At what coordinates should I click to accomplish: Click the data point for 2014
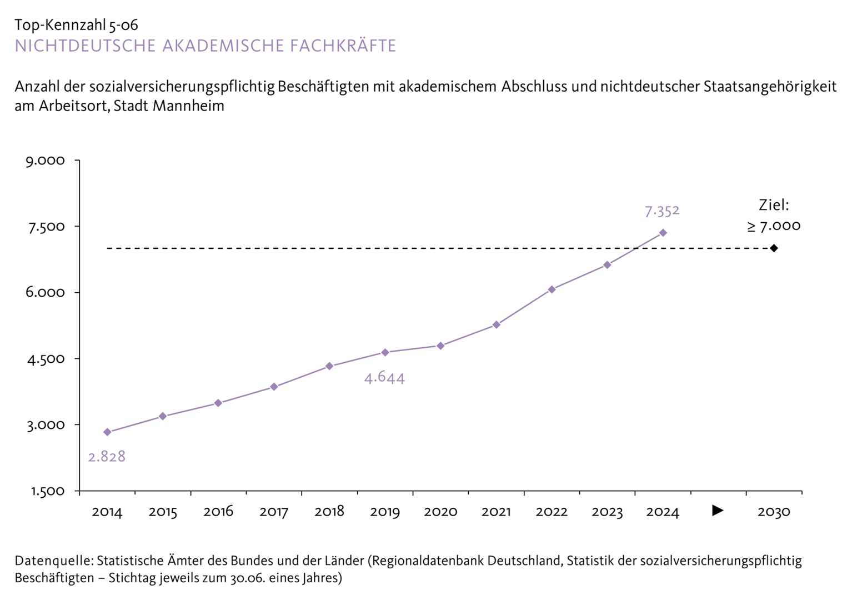(107, 432)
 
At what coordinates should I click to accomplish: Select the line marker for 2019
(385, 352)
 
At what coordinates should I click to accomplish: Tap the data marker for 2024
(663, 233)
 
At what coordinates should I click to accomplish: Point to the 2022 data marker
(552, 289)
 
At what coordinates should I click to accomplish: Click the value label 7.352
(662, 212)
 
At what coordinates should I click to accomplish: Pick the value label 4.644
(384, 378)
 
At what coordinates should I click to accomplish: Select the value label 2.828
(107, 457)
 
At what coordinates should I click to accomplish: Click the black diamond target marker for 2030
(774, 248)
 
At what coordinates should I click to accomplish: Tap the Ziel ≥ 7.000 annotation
(774, 216)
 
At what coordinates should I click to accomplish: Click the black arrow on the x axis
(718, 510)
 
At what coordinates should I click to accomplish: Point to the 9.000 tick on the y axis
(45, 161)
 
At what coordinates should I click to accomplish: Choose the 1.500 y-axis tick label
(47, 491)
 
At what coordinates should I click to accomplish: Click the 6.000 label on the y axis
(45, 292)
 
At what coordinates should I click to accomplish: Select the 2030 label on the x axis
(774, 512)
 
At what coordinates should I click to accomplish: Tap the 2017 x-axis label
(274, 512)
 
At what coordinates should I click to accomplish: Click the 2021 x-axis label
(496, 512)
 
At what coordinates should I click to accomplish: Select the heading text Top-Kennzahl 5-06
(76, 25)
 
